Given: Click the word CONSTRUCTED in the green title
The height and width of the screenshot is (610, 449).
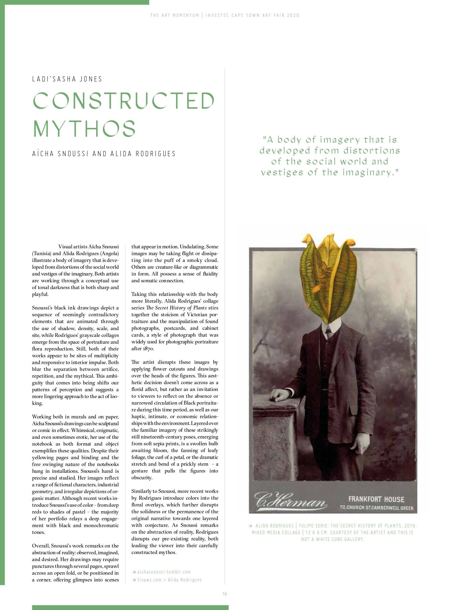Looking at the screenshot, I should tap(124, 100).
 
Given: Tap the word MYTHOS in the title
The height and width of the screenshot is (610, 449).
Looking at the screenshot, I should tap(84, 128).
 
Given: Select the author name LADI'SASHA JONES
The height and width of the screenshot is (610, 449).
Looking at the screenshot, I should tap(67, 79).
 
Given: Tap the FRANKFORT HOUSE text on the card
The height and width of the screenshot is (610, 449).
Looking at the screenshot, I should tap(376, 499).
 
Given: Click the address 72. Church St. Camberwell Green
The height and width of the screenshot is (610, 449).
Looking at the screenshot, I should tap(377, 508).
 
